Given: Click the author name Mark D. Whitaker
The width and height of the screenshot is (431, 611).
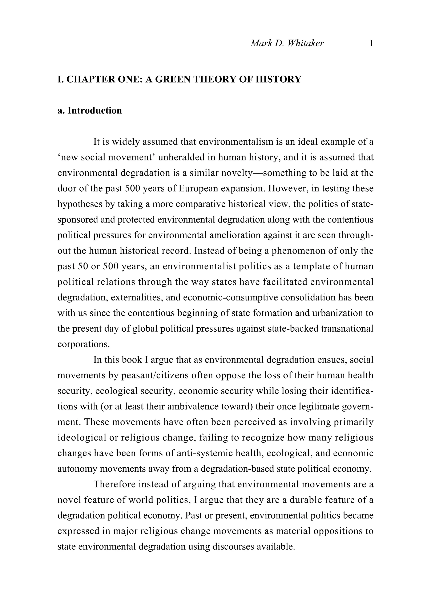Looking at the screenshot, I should click(287, 43).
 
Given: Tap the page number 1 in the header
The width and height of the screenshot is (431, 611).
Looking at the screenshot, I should click(371, 43).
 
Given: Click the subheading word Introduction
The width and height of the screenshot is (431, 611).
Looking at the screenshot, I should click(95, 111).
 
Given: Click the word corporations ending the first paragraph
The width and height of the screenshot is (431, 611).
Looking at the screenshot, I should click(84, 344).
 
